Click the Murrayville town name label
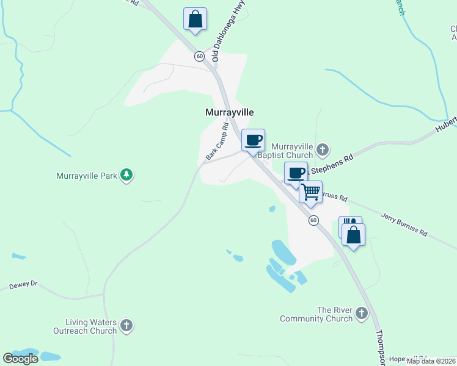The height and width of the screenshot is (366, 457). tap(228, 113)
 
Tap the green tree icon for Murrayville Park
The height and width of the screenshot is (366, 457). tap(126, 176)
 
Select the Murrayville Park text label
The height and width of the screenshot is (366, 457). tap(86, 176)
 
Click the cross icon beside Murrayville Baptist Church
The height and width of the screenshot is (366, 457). tap(323, 149)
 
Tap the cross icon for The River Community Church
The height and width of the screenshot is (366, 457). tap(362, 314)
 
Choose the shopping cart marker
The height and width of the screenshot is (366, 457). tap(311, 192)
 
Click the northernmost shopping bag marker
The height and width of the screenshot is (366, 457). tap(195, 19)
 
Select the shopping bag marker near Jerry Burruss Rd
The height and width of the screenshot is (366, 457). tap(353, 234)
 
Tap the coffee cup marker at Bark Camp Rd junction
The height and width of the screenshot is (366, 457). tap(253, 140)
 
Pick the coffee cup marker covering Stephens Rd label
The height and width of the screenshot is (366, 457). tap(296, 173)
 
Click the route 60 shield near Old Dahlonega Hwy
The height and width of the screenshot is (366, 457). tap(199, 56)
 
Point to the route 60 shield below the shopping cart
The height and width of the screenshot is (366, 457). tap(313, 220)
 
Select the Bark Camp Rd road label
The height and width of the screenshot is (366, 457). tap(218, 142)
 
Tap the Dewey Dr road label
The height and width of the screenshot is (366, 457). tap(23, 285)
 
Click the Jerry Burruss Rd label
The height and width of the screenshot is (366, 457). tap(404, 225)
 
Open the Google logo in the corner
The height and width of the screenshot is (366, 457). tap(20, 359)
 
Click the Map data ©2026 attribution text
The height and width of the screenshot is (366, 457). tap(431, 361)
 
